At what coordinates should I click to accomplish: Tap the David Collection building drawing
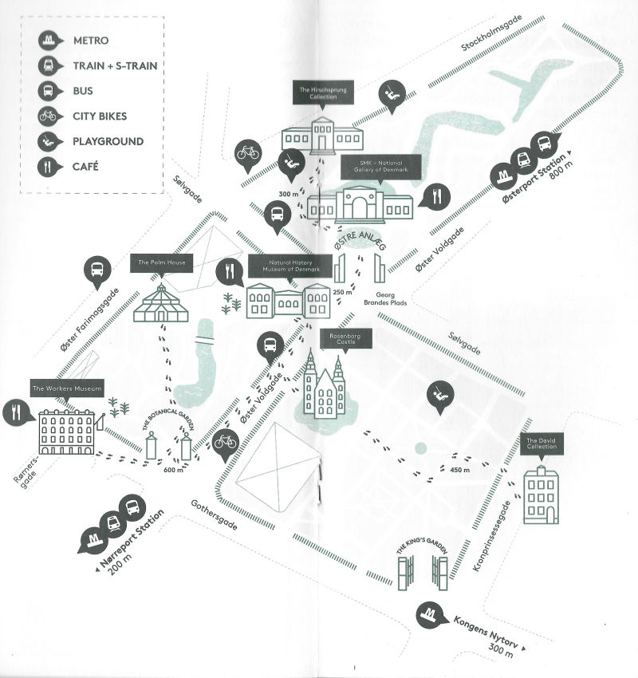point(541,495)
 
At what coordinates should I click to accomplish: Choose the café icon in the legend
point(49,168)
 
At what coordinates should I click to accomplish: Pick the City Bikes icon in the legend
point(49,116)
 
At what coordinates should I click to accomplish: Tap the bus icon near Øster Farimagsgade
point(96,270)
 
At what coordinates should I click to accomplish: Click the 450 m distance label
point(460,470)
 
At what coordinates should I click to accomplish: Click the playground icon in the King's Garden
point(437,393)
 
